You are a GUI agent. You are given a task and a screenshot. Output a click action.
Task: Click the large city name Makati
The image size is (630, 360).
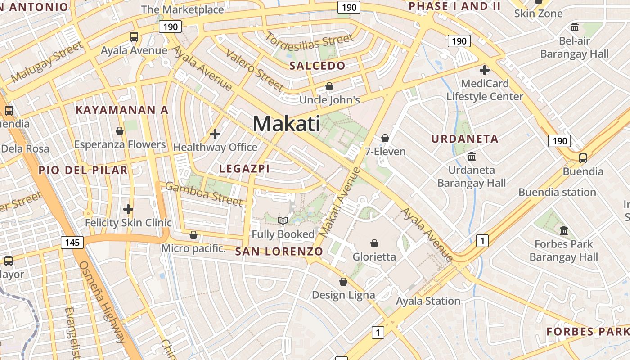[287, 124]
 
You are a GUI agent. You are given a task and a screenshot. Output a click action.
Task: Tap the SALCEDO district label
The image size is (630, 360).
[317, 66]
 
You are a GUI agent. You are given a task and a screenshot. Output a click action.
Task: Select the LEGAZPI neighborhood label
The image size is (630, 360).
[244, 169]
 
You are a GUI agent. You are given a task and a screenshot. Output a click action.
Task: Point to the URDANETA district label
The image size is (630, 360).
[465, 139]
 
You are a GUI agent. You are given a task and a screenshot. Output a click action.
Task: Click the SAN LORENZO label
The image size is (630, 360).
[279, 252]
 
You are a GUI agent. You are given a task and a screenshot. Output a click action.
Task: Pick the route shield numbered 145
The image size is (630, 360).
[72, 243]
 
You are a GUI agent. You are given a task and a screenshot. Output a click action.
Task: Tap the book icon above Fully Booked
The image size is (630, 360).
[283, 220]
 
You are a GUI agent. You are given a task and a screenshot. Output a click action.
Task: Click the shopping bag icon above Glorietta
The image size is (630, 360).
[374, 243]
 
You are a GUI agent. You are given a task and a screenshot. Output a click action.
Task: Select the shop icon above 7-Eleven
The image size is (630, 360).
[385, 138]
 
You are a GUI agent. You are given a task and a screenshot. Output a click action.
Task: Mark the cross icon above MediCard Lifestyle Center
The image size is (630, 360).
[485, 70]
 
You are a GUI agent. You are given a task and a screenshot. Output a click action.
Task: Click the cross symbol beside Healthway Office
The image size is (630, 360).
[215, 134]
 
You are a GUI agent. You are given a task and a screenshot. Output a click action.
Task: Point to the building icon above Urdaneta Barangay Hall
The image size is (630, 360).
[472, 157]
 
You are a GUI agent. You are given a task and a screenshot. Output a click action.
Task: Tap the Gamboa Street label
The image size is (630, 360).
[204, 193]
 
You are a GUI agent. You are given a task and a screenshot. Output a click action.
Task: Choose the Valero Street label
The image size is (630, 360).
[255, 70]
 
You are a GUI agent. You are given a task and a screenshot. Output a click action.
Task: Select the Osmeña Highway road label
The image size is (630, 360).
[103, 301]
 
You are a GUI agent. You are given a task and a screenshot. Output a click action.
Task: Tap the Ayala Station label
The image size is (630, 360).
[428, 301]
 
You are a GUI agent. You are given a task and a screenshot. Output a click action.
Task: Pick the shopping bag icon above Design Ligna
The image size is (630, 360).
[343, 282]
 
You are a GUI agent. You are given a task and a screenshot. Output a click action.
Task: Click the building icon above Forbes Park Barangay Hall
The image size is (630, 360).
[564, 231]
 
